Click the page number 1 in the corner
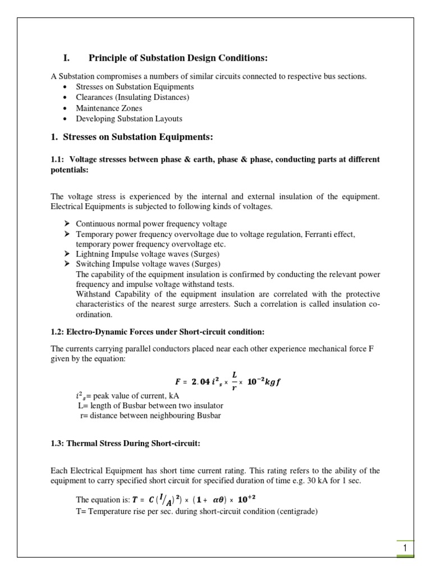[x=405, y=547]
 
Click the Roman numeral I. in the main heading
[x=66, y=58]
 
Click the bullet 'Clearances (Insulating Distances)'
[x=132, y=97]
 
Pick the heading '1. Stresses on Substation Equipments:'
[x=132, y=138]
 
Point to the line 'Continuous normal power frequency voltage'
[x=152, y=223]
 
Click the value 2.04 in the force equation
[x=200, y=382]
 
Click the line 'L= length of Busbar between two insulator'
[x=150, y=405]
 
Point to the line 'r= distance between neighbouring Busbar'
[x=151, y=416]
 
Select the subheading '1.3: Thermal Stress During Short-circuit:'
[x=125, y=443]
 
